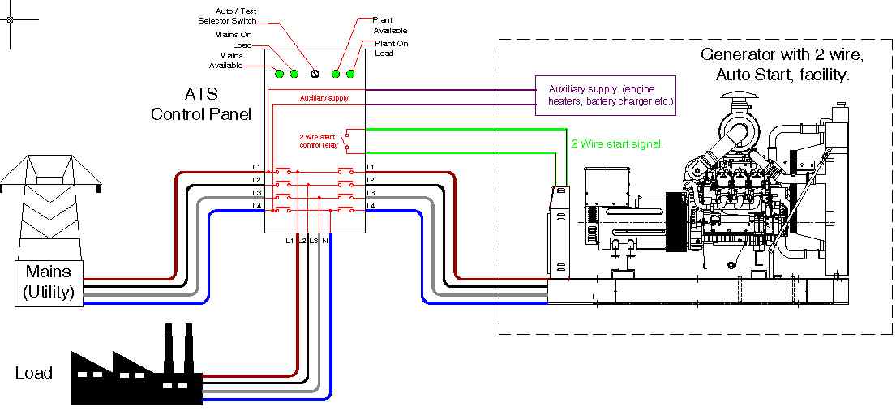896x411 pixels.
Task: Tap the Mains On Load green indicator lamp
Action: pos(294,74)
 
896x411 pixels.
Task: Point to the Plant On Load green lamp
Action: pos(351,74)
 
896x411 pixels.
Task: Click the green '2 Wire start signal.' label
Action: pos(617,143)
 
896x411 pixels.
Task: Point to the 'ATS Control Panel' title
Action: pos(200,105)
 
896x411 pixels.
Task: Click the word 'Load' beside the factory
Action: pos(34,373)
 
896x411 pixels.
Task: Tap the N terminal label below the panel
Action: pos(325,242)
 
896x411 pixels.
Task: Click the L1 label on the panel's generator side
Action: pos(370,167)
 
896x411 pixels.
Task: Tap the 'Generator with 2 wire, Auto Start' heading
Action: pos(782,65)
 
